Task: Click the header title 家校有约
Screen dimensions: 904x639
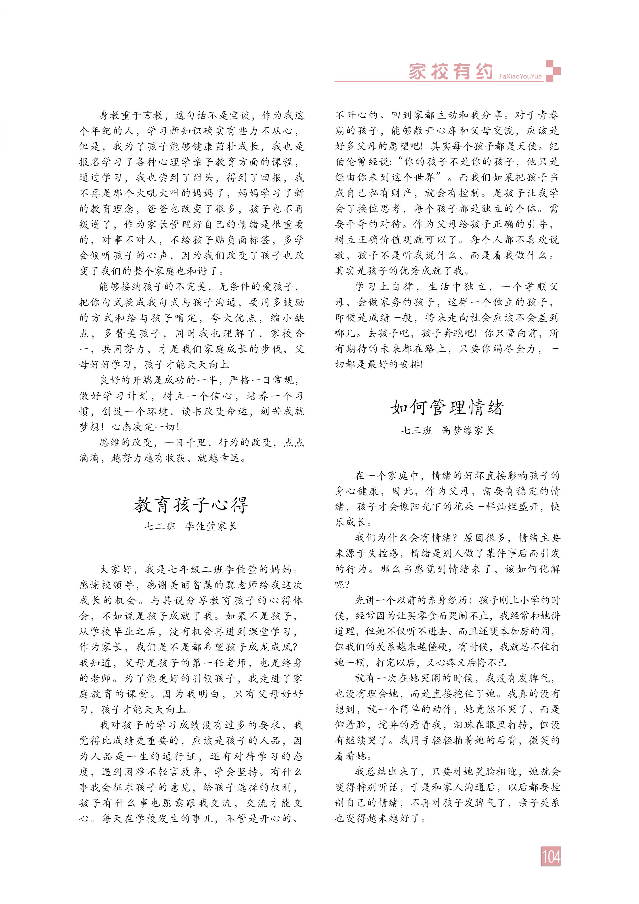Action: pyautogui.click(x=451, y=72)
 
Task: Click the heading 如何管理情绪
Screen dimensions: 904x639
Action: pyautogui.click(x=447, y=407)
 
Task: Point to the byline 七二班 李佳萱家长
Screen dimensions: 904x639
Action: pyautogui.click(x=191, y=527)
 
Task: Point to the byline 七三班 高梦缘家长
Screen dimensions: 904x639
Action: pyautogui.click(x=447, y=430)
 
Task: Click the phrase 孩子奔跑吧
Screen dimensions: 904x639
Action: pyautogui.click(x=448, y=333)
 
